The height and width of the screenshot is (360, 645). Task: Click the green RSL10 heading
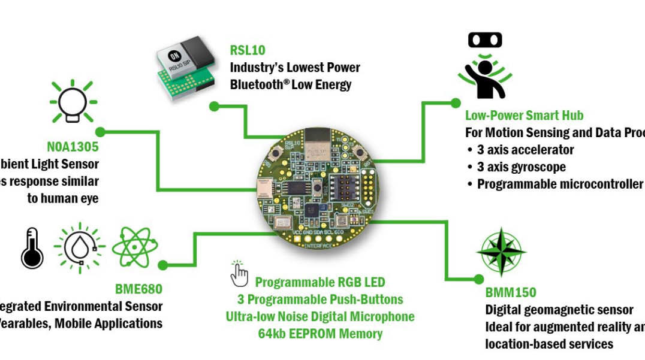coord(248,50)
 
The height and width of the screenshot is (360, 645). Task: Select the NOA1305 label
coord(73,147)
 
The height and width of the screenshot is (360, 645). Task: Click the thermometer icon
coord(32,247)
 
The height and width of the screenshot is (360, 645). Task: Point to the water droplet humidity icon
coord(79,247)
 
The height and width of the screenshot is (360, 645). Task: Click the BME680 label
coord(138,289)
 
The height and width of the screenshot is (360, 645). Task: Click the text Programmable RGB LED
coord(320,282)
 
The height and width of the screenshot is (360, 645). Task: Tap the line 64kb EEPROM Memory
coord(320,334)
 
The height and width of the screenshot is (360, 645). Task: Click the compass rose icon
coord(501,252)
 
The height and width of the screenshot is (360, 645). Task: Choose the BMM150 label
coord(511,293)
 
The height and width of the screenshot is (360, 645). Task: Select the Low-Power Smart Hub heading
coord(524,116)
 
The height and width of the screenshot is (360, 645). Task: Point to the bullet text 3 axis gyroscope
coord(521,167)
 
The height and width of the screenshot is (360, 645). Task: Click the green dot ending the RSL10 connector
coord(214,106)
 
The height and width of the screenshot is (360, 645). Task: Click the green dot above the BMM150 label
coord(478,279)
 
